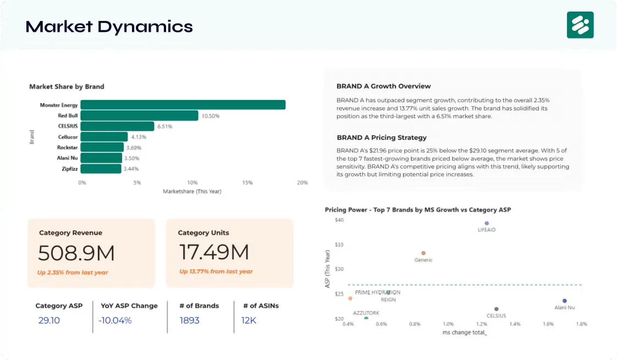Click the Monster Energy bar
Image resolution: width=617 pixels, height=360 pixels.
point(183,105)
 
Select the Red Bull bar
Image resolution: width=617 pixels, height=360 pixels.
point(139,116)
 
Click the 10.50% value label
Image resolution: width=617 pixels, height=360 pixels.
point(211,116)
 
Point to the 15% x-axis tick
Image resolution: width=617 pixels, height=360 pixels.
point(247,182)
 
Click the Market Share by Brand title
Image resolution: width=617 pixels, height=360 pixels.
point(67,86)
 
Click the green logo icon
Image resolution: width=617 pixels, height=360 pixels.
point(580,25)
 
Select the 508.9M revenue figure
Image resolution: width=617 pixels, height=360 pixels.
point(76,253)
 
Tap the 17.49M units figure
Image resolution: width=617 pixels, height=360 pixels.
point(214,252)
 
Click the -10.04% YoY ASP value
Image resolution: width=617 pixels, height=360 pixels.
point(115,320)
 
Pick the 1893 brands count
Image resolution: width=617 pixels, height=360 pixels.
point(189,320)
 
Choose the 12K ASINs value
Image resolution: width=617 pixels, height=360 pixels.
point(249,320)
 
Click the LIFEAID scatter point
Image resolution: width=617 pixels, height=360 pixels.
point(487,224)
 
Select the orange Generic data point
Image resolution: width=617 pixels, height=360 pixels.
point(423,253)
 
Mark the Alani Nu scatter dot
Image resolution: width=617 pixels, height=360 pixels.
point(564,301)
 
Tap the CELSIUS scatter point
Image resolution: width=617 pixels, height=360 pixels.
point(497,309)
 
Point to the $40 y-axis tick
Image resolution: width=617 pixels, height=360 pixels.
point(339,220)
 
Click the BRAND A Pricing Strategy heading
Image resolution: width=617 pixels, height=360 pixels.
point(382,137)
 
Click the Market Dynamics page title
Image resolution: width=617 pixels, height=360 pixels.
point(109,26)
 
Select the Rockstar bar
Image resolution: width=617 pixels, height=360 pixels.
point(102,147)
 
